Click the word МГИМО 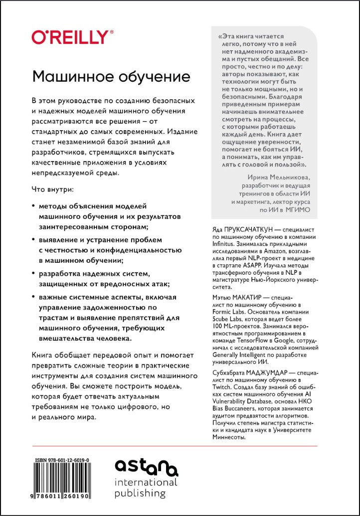click(x=297, y=210)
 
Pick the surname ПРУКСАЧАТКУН click(x=242, y=228)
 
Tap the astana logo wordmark click(x=146, y=468)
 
